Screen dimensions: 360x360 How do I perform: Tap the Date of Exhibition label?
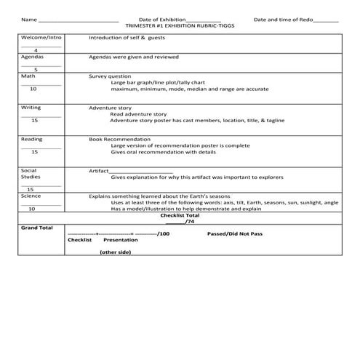pos(162,19)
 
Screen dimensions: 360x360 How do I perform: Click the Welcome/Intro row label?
pos(40,36)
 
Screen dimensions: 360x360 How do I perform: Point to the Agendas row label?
pos(33,56)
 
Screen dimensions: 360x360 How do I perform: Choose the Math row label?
pos(28,75)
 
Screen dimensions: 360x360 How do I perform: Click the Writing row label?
pos(31,107)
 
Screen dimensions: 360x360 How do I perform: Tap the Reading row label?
pos(32,139)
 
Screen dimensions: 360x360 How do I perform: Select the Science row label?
pos(31,196)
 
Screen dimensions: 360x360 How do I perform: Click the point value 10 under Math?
pos(33,89)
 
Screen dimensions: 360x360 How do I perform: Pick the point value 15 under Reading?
pos(34,152)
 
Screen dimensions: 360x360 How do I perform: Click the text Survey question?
pos(110,76)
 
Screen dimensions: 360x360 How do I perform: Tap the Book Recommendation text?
pos(120,139)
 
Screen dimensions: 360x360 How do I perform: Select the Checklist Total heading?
pos(180,215)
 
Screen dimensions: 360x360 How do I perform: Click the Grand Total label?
pos(37,227)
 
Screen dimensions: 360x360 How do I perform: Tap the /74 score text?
pos(189,222)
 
